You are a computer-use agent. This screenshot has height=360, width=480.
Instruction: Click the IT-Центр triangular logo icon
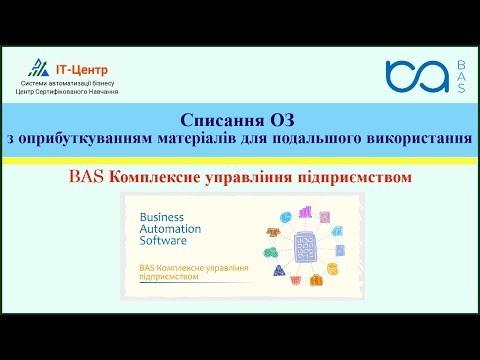[x=38, y=68]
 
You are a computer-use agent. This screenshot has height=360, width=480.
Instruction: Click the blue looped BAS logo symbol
[x=415, y=78]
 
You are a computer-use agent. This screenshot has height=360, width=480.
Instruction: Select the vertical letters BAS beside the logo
[x=461, y=78]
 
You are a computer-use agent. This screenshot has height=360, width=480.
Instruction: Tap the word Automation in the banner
[x=170, y=228]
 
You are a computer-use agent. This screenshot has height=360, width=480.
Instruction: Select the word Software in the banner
[x=164, y=241]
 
